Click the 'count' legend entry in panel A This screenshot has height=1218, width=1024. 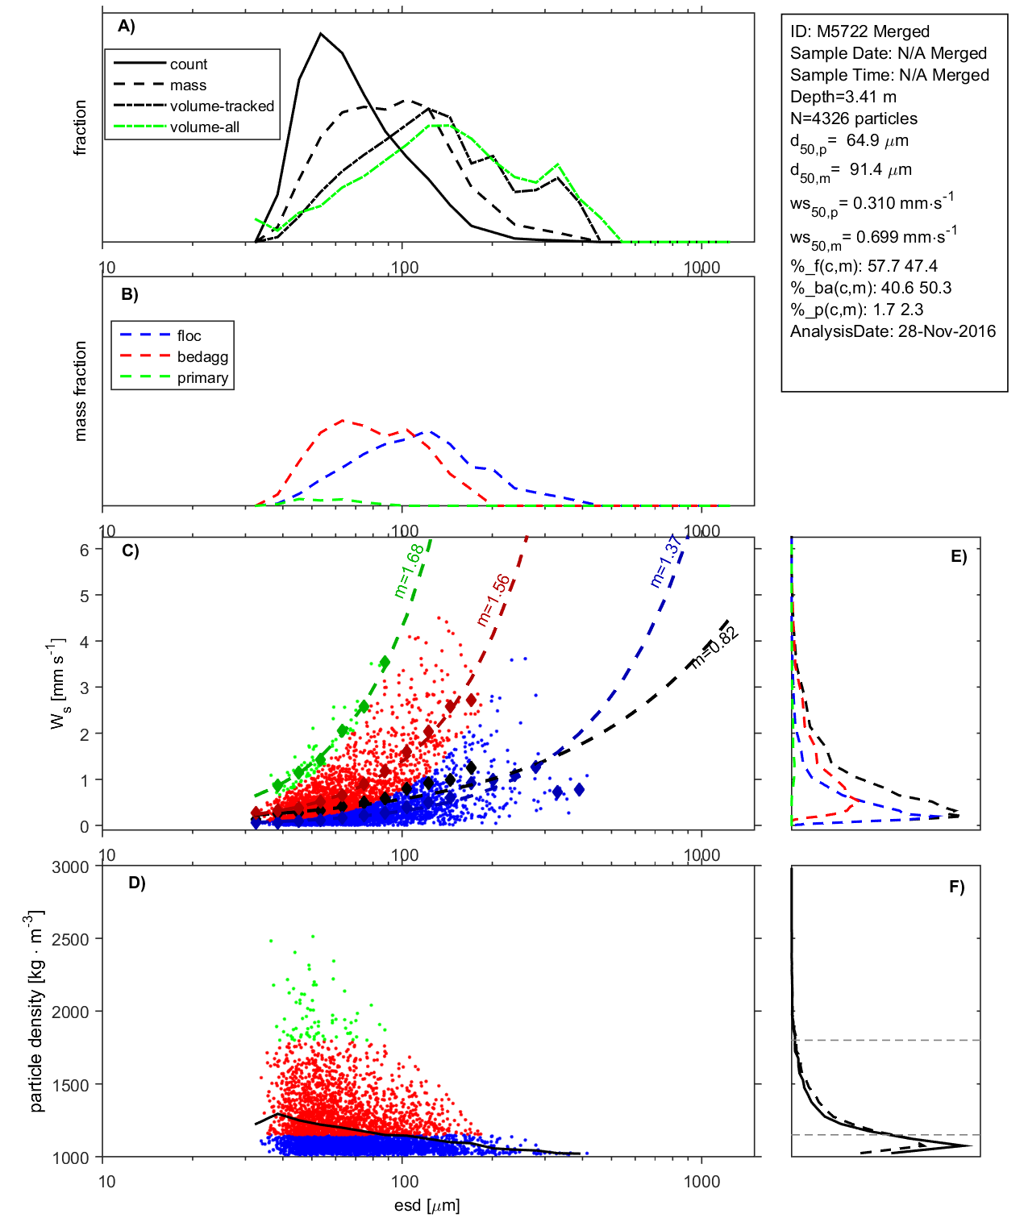tap(188, 64)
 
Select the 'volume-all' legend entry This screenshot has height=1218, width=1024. tap(204, 127)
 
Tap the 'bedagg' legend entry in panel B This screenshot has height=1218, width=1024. tap(202, 357)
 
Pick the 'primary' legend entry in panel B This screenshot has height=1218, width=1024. tap(202, 378)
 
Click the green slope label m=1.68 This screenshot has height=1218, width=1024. tap(408, 571)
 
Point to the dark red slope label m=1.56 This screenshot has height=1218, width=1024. tap(493, 600)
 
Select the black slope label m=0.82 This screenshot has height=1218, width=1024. tap(714, 647)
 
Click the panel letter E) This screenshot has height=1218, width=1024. tap(958, 556)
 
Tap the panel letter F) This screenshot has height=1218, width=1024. tap(956, 887)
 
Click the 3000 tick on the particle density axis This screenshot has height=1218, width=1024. tap(70, 867)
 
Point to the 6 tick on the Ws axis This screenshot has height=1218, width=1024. tap(85, 550)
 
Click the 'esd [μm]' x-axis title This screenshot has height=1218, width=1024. tap(427, 1206)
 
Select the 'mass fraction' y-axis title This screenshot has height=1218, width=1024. tap(81, 391)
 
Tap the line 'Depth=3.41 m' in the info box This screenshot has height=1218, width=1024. tap(843, 97)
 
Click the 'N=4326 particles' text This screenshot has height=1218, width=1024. tap(853, 118)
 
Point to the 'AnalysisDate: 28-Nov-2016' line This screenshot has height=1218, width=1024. tap(893, 331)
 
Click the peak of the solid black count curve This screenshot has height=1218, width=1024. tap(321, 34)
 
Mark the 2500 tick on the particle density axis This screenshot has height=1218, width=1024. tap(70, 939)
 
